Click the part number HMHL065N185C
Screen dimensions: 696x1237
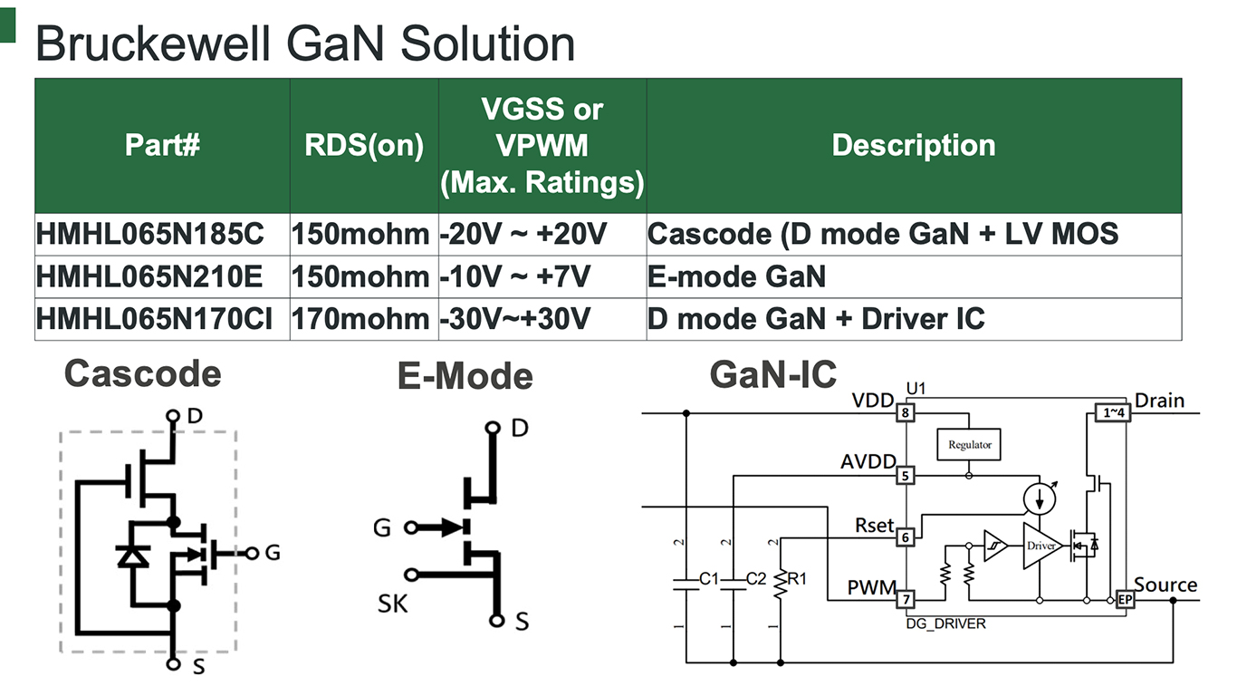pyautogui.click(x=150, y=235)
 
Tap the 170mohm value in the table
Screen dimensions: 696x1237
pyautogui.click(x=360, y=318)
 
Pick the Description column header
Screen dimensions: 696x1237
pyautogui.click(x=913, y=145)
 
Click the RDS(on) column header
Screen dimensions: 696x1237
pyautogui.click(x=364, y=147)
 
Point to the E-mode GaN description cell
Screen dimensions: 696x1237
pyautogui.click(x=736, y=276)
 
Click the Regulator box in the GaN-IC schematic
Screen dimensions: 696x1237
pyautogui.click(x=969, y=444)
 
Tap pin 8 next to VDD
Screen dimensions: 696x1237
pyautogui.click(x=904, y=414)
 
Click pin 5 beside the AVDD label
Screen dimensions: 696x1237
pyautogui.click(x=904, y=475)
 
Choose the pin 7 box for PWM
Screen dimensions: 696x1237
pyautogui.click(x=904, y=598)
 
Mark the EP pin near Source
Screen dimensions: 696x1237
pyautogui.click(x=1126, y=599)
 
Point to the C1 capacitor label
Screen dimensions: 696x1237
pyautogui.click(x=709, y=578)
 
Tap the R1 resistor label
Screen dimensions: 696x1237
pyautogui.click(x=797, y=578)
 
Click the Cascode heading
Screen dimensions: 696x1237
pyautogui.click(x=142, y=373)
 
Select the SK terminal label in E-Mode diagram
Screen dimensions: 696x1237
pyautogui.click(x=394, y=603)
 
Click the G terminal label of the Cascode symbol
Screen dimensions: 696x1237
pyautogui.click(x=272, y=552)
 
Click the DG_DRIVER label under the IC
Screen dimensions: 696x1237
pyautogui.click(x=945, y=623)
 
